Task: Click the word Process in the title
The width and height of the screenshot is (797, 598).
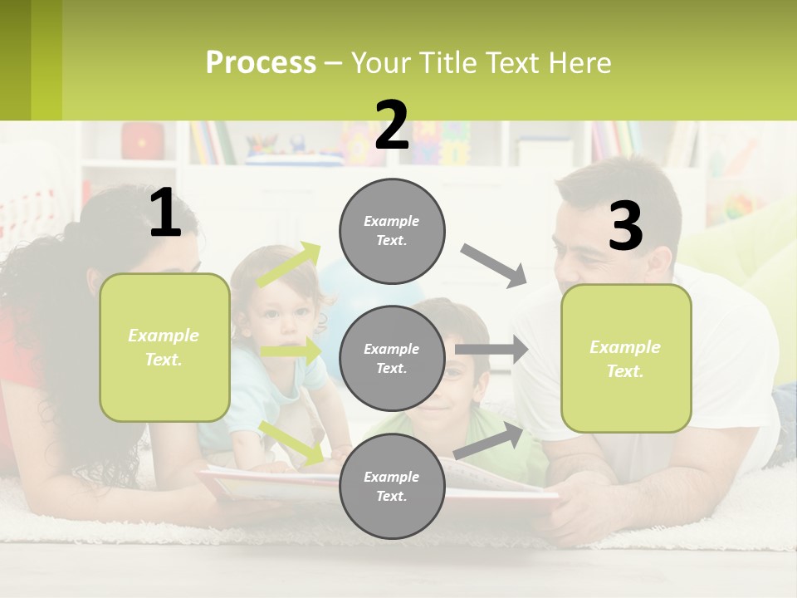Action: pos(261,63)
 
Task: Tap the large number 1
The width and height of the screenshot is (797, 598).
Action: pos(165,213)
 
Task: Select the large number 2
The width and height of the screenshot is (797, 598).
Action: pos(392,125)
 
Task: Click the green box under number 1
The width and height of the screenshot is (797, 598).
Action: pos(164,347)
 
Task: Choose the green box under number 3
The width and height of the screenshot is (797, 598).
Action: pos(626,359)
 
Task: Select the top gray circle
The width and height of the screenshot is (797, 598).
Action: pos(392,231)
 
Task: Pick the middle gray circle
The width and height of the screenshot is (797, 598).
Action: pos(392,359)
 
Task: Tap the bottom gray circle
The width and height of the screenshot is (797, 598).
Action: pos(392,487)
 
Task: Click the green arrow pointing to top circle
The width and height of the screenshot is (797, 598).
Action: pos(289,264)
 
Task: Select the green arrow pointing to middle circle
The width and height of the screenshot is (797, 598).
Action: pos(291,351)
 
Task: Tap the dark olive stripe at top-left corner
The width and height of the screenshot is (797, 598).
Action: pos(15,60)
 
